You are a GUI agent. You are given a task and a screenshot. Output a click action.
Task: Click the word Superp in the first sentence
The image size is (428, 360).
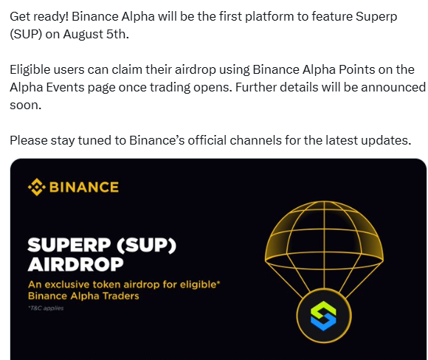(376, 17)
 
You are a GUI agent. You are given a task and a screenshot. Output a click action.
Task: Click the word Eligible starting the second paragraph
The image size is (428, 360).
(30, 69)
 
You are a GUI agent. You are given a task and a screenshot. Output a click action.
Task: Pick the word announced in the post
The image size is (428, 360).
(393, 87)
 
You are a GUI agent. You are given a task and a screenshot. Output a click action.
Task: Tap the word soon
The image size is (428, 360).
(25, 105)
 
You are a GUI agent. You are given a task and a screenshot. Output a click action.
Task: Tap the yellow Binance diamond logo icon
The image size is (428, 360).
(37, 187)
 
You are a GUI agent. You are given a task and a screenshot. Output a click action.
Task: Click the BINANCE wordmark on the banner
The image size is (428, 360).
(84, 187)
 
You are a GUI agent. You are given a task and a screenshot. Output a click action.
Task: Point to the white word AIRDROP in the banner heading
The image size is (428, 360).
(75, 264)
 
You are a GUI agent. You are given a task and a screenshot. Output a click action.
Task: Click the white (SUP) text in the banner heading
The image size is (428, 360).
(146, 245)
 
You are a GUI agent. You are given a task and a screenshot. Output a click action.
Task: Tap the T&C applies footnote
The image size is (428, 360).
(46, 308)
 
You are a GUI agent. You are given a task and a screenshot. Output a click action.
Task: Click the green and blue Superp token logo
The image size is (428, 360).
(323, 316)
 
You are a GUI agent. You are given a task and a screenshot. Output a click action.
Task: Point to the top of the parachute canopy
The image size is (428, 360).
(324, 201)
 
